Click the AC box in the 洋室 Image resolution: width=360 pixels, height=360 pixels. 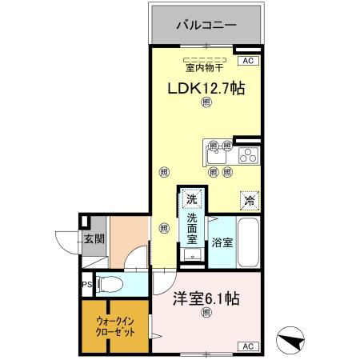click(246, 346)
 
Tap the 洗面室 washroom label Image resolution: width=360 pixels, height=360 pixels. click(193, 227)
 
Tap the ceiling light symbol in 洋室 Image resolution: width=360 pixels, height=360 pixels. click(206, 313)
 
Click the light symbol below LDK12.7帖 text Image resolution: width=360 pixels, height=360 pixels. click(206, 102)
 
